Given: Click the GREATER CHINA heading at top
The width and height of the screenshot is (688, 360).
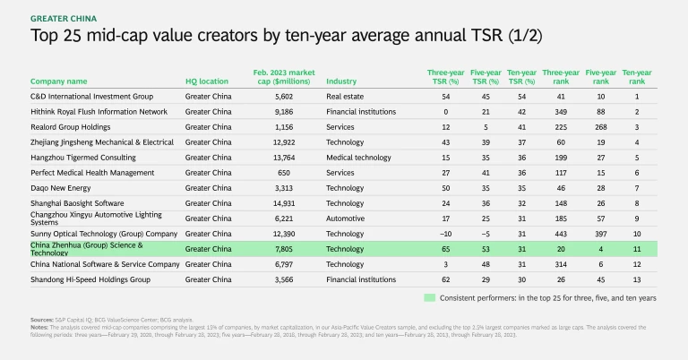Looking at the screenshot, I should (64, 18).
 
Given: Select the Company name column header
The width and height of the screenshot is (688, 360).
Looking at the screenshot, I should (59, 81).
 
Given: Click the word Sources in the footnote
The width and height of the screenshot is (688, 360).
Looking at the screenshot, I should (40, 319).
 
